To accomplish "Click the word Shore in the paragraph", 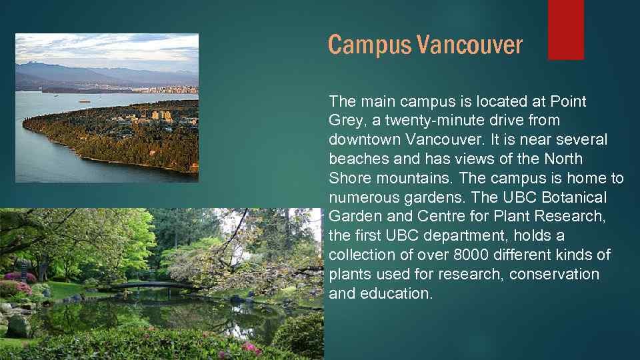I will (x=347, y=179).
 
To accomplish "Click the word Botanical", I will (x=574, y=198).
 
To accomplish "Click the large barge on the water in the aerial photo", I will (x=85, y=101).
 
